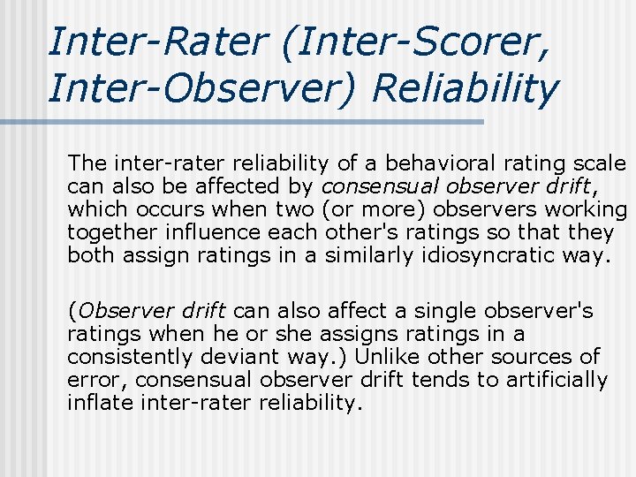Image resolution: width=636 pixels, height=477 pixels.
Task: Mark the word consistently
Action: click(x=128, y=357)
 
